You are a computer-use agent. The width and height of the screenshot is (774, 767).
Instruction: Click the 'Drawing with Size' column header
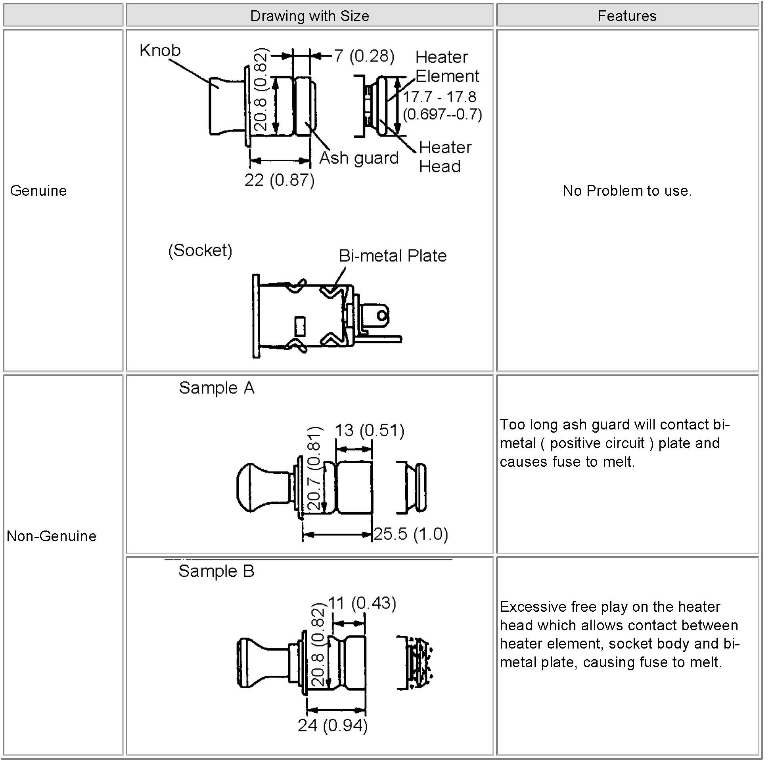point(309,16)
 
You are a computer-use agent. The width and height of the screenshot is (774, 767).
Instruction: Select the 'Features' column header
point(626,16)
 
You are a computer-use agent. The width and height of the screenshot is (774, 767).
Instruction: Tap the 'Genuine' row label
point(38,191)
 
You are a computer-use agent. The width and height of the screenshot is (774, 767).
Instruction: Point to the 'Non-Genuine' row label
point(52,536)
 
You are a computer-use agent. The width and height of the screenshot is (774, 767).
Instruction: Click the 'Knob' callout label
point(160,50)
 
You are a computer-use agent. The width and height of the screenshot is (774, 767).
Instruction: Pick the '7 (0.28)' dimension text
point(364,56)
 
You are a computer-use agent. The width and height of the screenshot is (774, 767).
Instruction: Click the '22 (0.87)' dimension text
point(279,180)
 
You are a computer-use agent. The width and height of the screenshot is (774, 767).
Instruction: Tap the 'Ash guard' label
point(359,158)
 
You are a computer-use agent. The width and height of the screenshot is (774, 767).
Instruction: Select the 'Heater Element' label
point(446,67)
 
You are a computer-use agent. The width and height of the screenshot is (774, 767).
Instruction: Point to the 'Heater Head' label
point(445,157)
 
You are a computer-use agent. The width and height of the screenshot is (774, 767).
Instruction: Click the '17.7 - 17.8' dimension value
point(439,97)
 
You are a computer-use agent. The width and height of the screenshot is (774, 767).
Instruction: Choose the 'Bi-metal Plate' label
point(393,256)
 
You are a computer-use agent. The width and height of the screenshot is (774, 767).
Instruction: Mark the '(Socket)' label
point(200,251)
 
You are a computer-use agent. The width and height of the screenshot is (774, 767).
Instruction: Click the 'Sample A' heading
point(216,388)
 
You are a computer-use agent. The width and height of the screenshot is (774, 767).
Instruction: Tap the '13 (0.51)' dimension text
point(370,431)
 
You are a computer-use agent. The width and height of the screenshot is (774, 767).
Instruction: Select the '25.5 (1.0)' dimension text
point(411,534)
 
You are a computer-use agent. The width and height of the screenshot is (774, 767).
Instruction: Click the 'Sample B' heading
point(216,571)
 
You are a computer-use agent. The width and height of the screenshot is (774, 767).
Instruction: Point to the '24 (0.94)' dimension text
point(333,725)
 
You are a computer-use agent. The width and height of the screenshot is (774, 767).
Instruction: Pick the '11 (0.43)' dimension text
point(362,603)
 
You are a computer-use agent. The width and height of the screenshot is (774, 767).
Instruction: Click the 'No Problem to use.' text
point(627,191)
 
